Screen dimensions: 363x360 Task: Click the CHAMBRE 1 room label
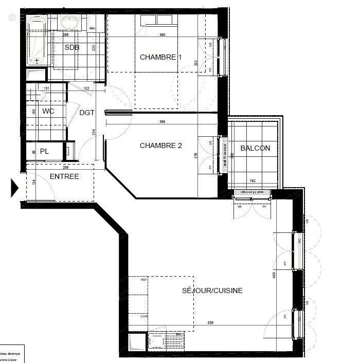(x=161, y=58)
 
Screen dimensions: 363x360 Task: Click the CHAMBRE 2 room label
(x=161, y=146)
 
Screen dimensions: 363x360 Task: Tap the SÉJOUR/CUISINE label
(x=212, y=291)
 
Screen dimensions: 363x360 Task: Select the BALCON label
(x=255, y=149)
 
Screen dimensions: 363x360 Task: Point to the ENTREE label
(x=64, y=177)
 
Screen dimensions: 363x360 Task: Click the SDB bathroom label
(x=73, y=48)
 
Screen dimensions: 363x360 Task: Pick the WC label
(x=48, y=111)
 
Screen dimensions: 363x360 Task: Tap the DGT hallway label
(x=87, y=113)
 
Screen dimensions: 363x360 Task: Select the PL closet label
(x=44, y=151)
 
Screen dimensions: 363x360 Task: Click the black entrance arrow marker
(x=15, y=188)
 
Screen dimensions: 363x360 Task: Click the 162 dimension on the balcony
(x=252, y=181)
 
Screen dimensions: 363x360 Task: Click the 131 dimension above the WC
(x=46, y=88)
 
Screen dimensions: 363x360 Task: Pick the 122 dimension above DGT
(x=86, y=88)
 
